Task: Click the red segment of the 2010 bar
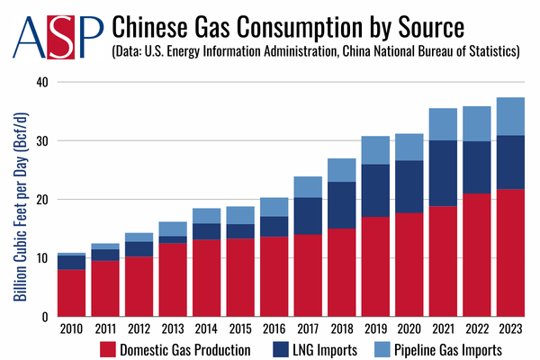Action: click(x=71, y=293)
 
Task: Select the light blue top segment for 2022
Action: click(x=477, y=123)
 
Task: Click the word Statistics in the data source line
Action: click(x=488, y=51)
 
